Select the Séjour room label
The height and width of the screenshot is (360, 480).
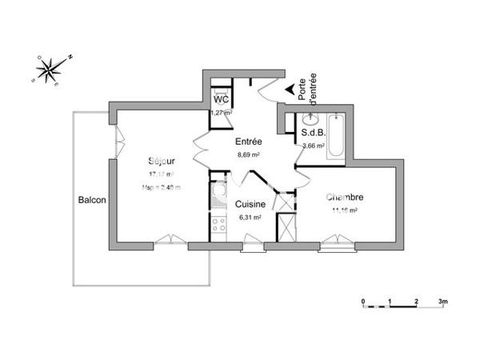[x=161, y=160]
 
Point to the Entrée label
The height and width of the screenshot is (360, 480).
[x=248, y=142]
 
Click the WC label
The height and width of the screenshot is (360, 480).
[x=222, y=99]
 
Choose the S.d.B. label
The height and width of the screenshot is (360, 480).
[x=313, y=134]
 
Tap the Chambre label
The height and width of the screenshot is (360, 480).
[x=345, y=198]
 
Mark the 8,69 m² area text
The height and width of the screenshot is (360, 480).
[x=250, y=154]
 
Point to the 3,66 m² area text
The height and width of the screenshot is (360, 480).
[x=313, y=146]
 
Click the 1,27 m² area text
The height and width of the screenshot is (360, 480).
[x=221, y=113]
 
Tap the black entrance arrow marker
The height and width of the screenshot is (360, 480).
[x=289, y=90]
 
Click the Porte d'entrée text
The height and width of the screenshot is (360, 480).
[x=307, y=83]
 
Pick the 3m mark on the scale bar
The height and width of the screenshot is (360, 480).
[x=442, y=302]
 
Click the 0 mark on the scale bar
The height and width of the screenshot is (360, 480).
[x=363, y=302]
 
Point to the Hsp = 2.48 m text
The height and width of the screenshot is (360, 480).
[x=162, y=187]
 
